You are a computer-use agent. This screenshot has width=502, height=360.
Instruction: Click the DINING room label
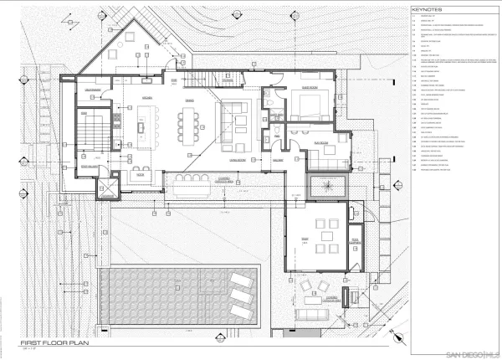click(188, 98)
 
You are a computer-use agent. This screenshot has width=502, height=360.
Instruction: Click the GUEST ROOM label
click(309, 86)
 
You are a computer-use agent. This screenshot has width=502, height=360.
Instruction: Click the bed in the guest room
click(310, 105)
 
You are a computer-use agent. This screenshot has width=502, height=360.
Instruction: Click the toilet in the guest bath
click(269, 133)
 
